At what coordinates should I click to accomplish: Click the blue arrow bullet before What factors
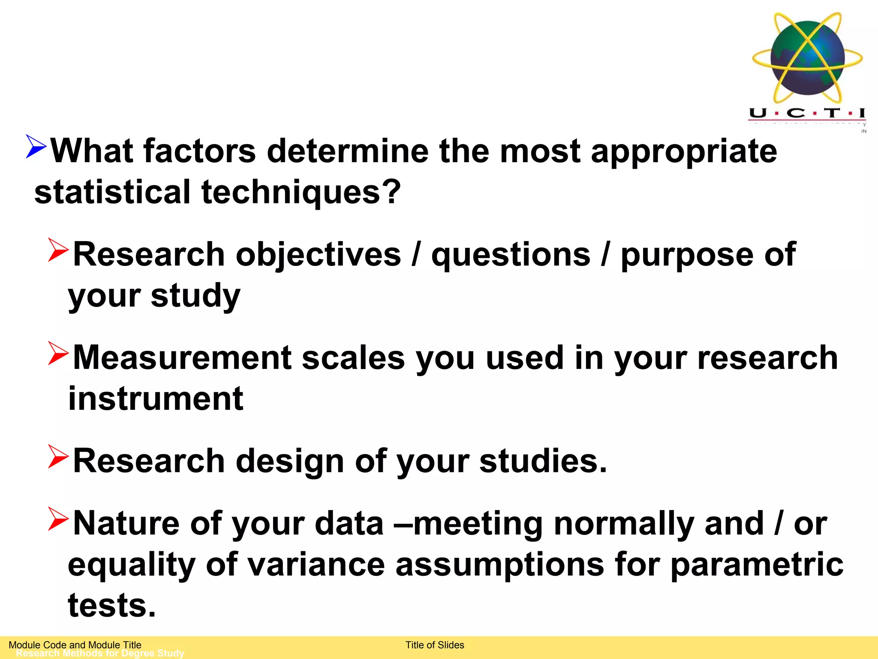tap(36, 146)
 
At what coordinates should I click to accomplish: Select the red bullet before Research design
tap(58, 456)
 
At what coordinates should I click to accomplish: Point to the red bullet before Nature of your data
tap(58, 519)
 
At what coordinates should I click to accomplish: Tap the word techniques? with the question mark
tap(301, 193)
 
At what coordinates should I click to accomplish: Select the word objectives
tap(318, 254)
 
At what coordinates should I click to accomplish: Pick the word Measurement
tap(182, 357)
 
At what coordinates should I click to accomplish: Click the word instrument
tap(156, 399)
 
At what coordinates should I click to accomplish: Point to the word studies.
tap(543, 461)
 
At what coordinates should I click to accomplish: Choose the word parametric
tap(757, 565)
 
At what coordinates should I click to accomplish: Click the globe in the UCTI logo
tap(807, 58)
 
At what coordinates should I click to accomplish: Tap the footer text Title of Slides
tap(435, 645)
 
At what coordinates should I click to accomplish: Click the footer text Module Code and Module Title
tap(75, 644)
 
